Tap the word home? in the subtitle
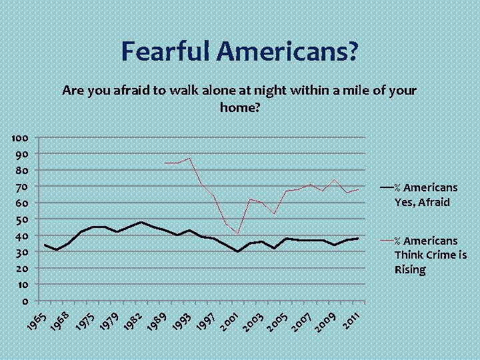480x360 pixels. tap(239, 106)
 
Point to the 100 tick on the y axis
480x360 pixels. tap(19, 137)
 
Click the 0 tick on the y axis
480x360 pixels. tap(25, 301)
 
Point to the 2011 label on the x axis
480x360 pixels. tap(353, 321)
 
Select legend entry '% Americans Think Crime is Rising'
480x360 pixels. tap(430, 255)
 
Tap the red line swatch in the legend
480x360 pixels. tap(386, 241)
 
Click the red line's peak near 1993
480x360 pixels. tap(190, 159)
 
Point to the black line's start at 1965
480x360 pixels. tap(45, 245)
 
